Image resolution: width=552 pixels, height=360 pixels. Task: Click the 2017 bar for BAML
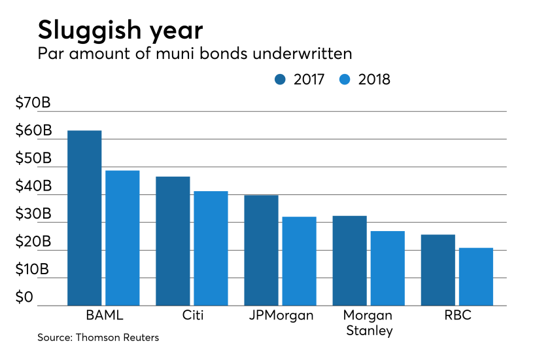click(x=84, y=218)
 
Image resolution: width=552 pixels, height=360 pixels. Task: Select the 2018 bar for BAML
click(x=122, y=238)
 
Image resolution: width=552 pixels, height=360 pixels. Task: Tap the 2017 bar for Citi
click(x=173, y=241)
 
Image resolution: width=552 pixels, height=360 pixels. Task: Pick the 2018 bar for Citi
click(x=211, y=248)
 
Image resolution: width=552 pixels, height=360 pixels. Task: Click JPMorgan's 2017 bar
click(x=261, y=251)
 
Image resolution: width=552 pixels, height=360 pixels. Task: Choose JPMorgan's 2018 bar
click(x=300, y=261)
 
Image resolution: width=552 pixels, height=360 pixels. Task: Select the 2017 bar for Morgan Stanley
click(x=349, y=261)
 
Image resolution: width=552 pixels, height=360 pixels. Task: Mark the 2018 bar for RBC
click(x=476, y=277)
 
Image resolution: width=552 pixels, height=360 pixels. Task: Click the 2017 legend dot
click(x=280, y=80)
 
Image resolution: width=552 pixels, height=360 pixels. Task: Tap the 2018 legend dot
click(x=345, y=80)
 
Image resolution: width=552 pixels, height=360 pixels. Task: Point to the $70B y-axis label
click(x=33, y=103)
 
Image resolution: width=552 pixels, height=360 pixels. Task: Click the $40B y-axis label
click(x=33, y=186)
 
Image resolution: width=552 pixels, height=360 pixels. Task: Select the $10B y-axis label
click(x=32, y=270)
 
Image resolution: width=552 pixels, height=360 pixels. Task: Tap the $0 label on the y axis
click(x=24, y=297)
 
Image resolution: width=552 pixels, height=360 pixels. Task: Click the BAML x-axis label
click(x=105, y=315)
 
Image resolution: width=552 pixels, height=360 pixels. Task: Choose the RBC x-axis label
click(x=458, y=315)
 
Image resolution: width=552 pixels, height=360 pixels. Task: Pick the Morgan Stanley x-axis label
click(x=368, y=323)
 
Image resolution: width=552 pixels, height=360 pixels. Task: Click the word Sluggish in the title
click(x=90, y=31)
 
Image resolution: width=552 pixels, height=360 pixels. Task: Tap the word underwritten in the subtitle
click(x=302, y=54)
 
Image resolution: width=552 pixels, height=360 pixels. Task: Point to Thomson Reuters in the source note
click(x=117, y=338)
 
